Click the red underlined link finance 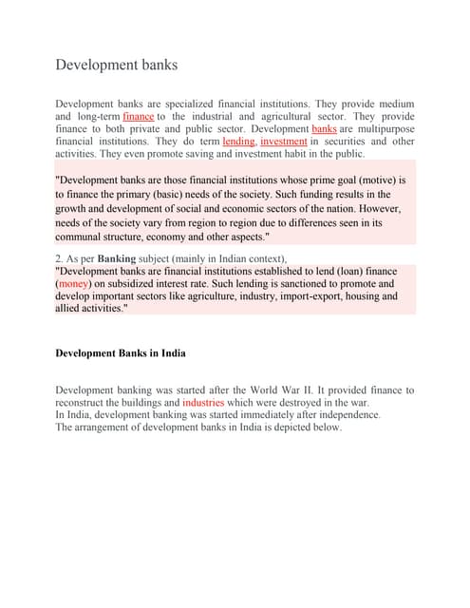point(139,116)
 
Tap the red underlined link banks point(324,128)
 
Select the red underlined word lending point(238,141)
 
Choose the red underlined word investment point(283,141)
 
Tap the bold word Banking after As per point(117,257)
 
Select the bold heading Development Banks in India point(121,353)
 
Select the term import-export point(300,296)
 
